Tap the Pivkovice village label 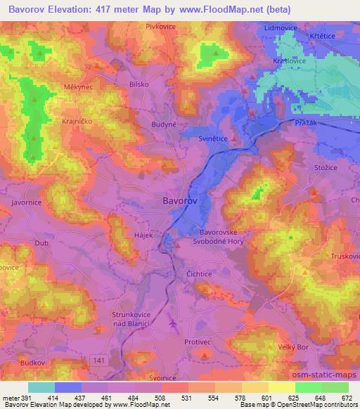pos(160,26)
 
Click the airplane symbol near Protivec pos(174,323)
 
